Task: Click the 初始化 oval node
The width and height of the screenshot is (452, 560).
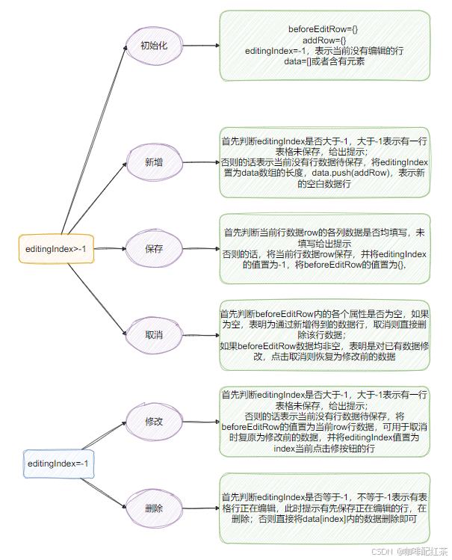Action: (x=153, y=46)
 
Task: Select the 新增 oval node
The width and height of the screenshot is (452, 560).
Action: (x=154, y=162)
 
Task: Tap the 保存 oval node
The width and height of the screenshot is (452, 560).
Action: (x=154, y=247)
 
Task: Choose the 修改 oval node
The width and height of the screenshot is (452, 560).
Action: (x=154, y=422)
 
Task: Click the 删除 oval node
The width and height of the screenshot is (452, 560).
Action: (x=154, y=508)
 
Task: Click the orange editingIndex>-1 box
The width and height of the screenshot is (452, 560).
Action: (x=57, y=247)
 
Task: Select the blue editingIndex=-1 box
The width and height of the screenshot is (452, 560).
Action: (x=58, y=464)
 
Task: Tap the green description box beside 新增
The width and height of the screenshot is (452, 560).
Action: (x=324, y=162)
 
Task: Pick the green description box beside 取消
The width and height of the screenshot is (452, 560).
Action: (x=324, y=334)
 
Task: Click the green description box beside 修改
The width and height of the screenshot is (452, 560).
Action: (x=324, y=422)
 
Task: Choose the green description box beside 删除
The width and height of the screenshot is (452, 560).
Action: (x=324, y=508)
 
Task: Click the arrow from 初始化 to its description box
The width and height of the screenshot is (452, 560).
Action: (x=200, y=46)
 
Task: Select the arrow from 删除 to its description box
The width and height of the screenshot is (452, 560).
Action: (x=200, y=508)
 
